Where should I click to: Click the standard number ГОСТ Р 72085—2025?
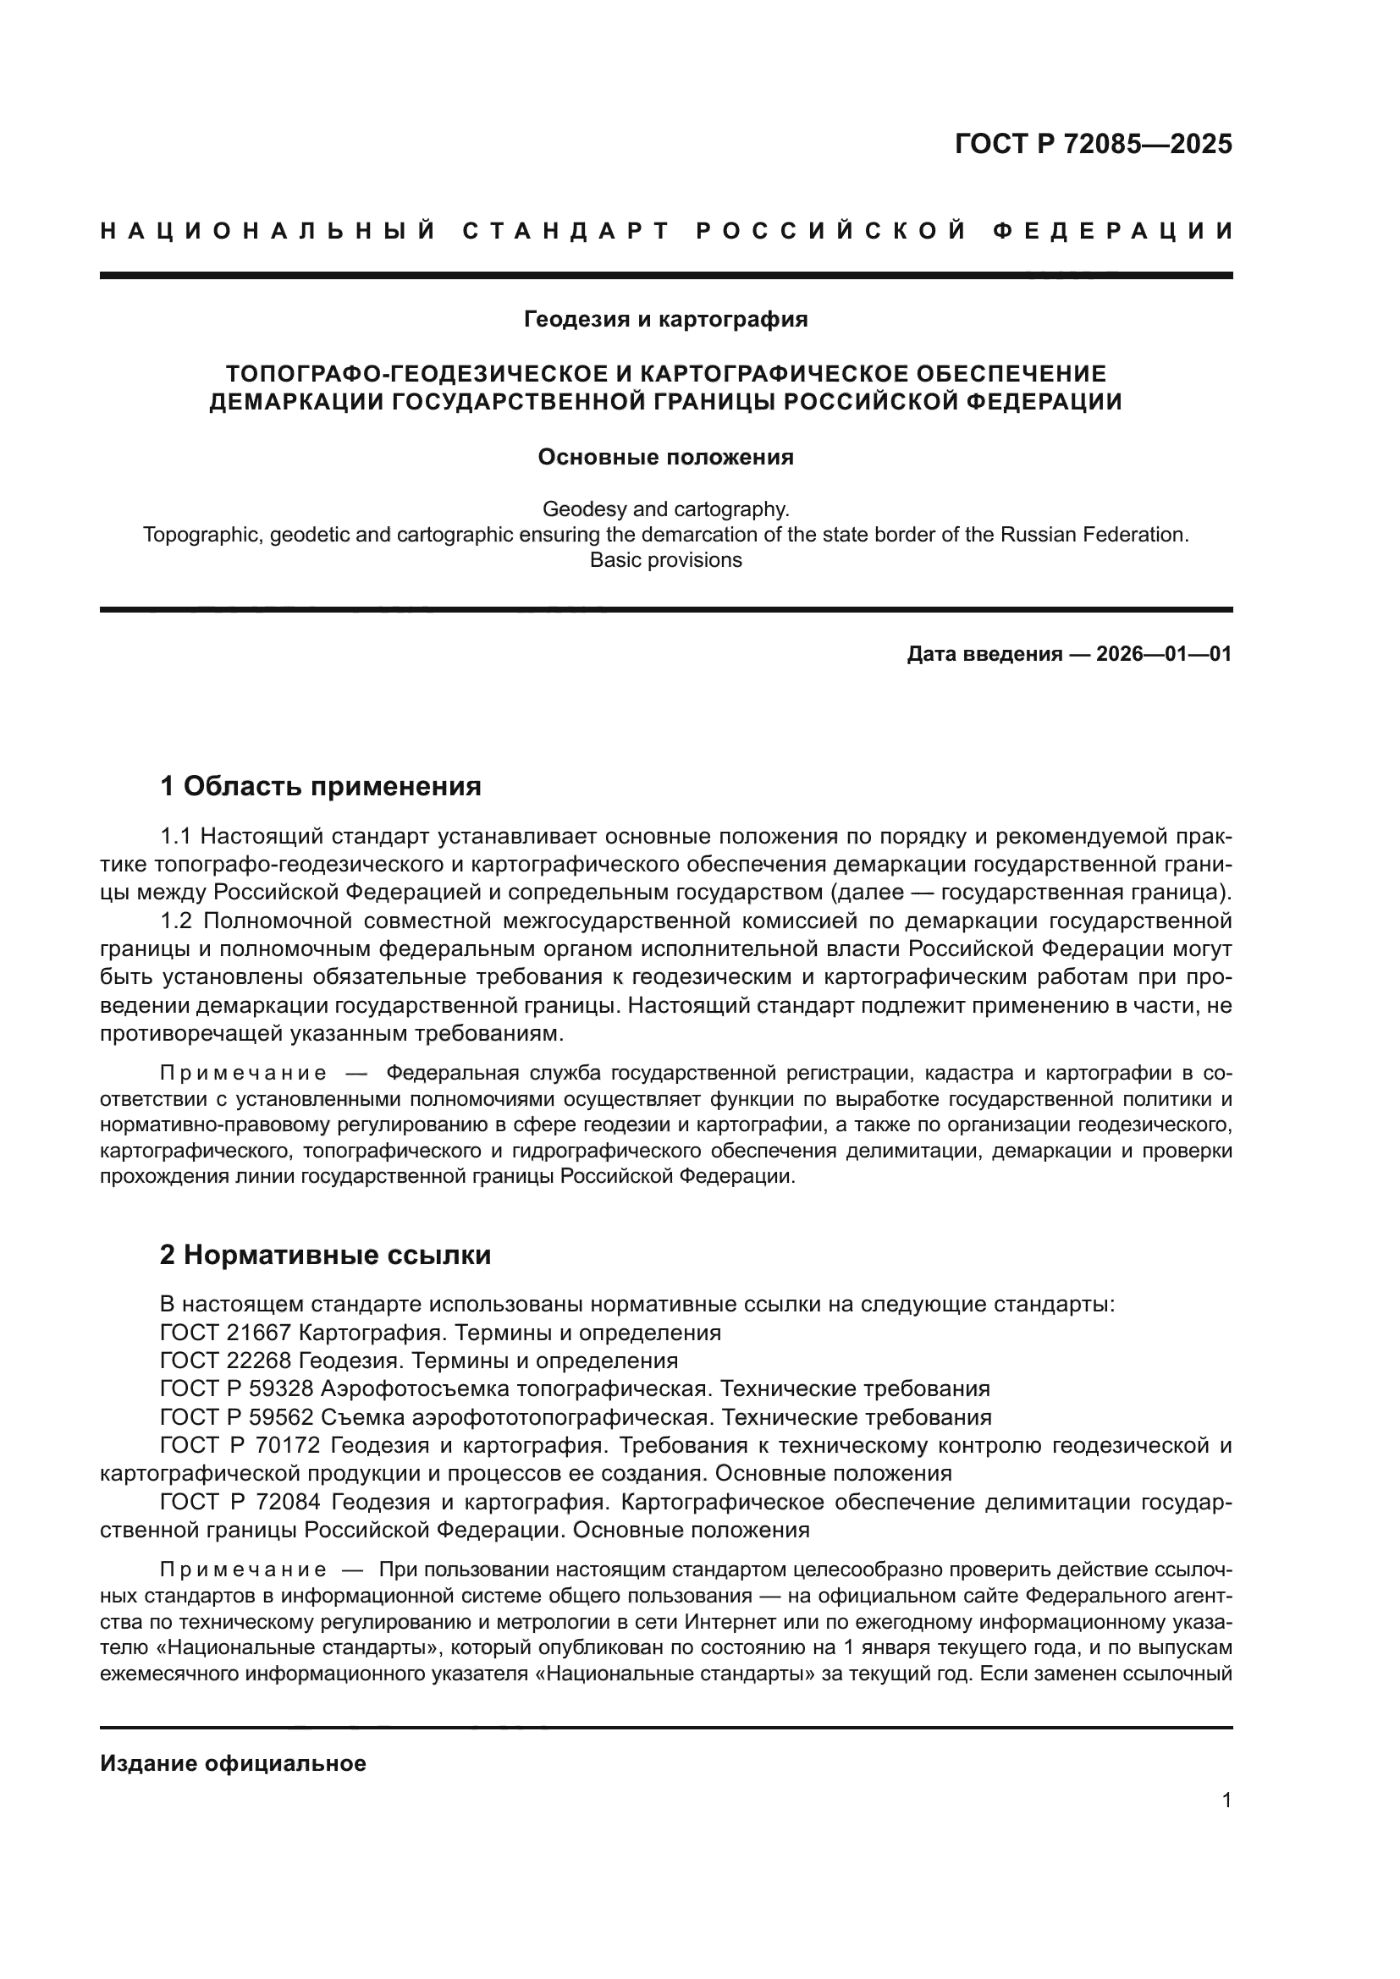(x=1093, y=144)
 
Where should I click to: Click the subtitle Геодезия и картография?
(x=665, y=320)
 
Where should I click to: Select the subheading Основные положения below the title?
(x=665, y=457)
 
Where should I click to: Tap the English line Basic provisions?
(x=665, y=560)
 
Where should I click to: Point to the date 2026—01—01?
(x=1163, y=654)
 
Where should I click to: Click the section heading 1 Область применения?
(x=320, y=786)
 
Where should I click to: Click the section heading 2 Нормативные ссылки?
(x=325, y=1255)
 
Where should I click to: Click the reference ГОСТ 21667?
(x=226, y=1333)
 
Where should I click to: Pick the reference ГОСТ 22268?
(x=226, y=1361)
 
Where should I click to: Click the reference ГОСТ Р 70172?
(x=240, y=1445)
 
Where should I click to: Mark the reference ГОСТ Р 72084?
(x=240, y=1502)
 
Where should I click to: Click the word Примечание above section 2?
(x=243, y=1073)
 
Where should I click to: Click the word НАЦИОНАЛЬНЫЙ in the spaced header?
(x=268, y=231)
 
